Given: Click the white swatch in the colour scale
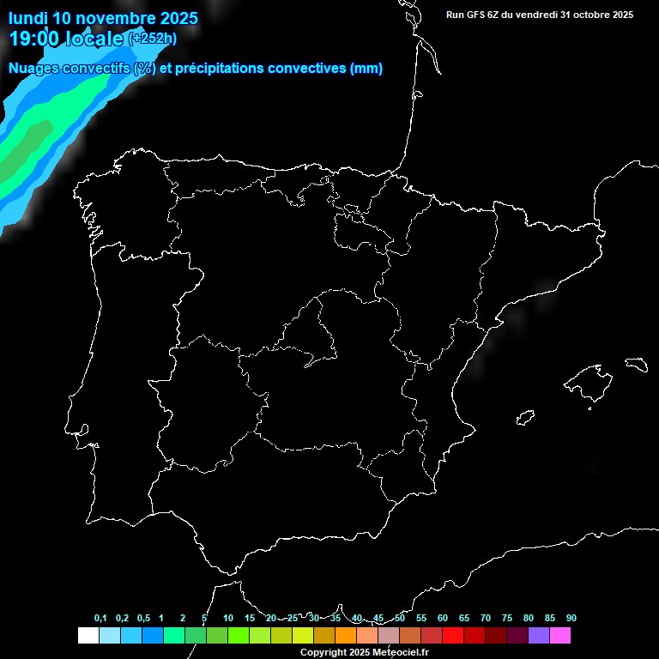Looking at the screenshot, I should pyautogui.click(x=88, y=635).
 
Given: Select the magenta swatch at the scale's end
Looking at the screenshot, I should pyautogui.click(x=560, y=635).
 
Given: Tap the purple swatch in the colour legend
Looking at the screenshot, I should pyautogui.click(x=539, y=635).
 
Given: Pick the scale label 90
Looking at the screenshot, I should pyautogui.click(x=571, y=619).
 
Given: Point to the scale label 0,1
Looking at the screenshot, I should pyautogui.click(x=100, y=619).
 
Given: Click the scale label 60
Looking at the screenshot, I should pyautogui.click(x=443, y=619).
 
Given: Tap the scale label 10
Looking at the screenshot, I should pyautogui.click(x=227, y=619).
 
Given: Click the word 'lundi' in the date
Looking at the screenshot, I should pyautogui.click(x=28, y=18).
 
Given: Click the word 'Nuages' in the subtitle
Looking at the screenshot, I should pyautogui.click(x=33, y=69).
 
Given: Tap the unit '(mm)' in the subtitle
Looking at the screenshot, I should pyautogui.click(x=366, y=69).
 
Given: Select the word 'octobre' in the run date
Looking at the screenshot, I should pyautogui.click(x=581, y=15).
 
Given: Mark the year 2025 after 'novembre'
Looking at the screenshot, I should pyautogui.click(x=174, y=18).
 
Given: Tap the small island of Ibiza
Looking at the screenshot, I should pyautogui.click(x=525, y=418).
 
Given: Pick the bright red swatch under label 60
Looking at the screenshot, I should pyautogui.click(x=453, y=635).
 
